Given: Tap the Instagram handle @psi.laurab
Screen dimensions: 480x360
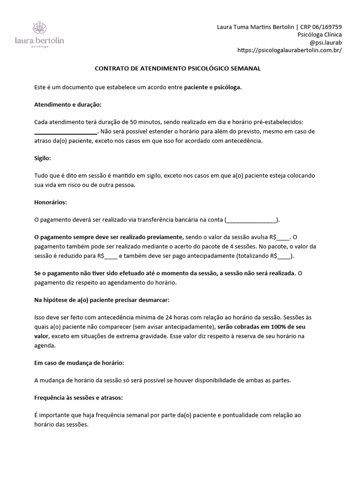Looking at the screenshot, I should point(324,42).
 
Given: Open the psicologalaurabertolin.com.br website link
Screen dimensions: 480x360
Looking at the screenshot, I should point(290,50).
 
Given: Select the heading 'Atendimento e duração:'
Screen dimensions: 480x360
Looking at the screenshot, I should point(68,105).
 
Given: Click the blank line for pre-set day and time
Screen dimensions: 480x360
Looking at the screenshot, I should point(66,132).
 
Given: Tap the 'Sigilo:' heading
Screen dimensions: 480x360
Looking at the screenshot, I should point(43,158).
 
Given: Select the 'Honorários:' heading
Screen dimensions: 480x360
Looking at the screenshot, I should point(51,202).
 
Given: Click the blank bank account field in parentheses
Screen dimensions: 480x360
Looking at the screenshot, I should point(252,219).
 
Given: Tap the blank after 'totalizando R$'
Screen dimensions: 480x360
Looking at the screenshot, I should point(285,255).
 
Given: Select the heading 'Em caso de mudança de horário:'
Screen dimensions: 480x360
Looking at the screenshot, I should point(79,363).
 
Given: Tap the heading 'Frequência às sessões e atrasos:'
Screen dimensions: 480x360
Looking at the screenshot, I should point(79,397).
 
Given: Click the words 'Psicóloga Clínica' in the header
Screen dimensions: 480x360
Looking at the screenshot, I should point(320,35).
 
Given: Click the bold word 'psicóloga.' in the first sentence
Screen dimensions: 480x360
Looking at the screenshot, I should point(228,87).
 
